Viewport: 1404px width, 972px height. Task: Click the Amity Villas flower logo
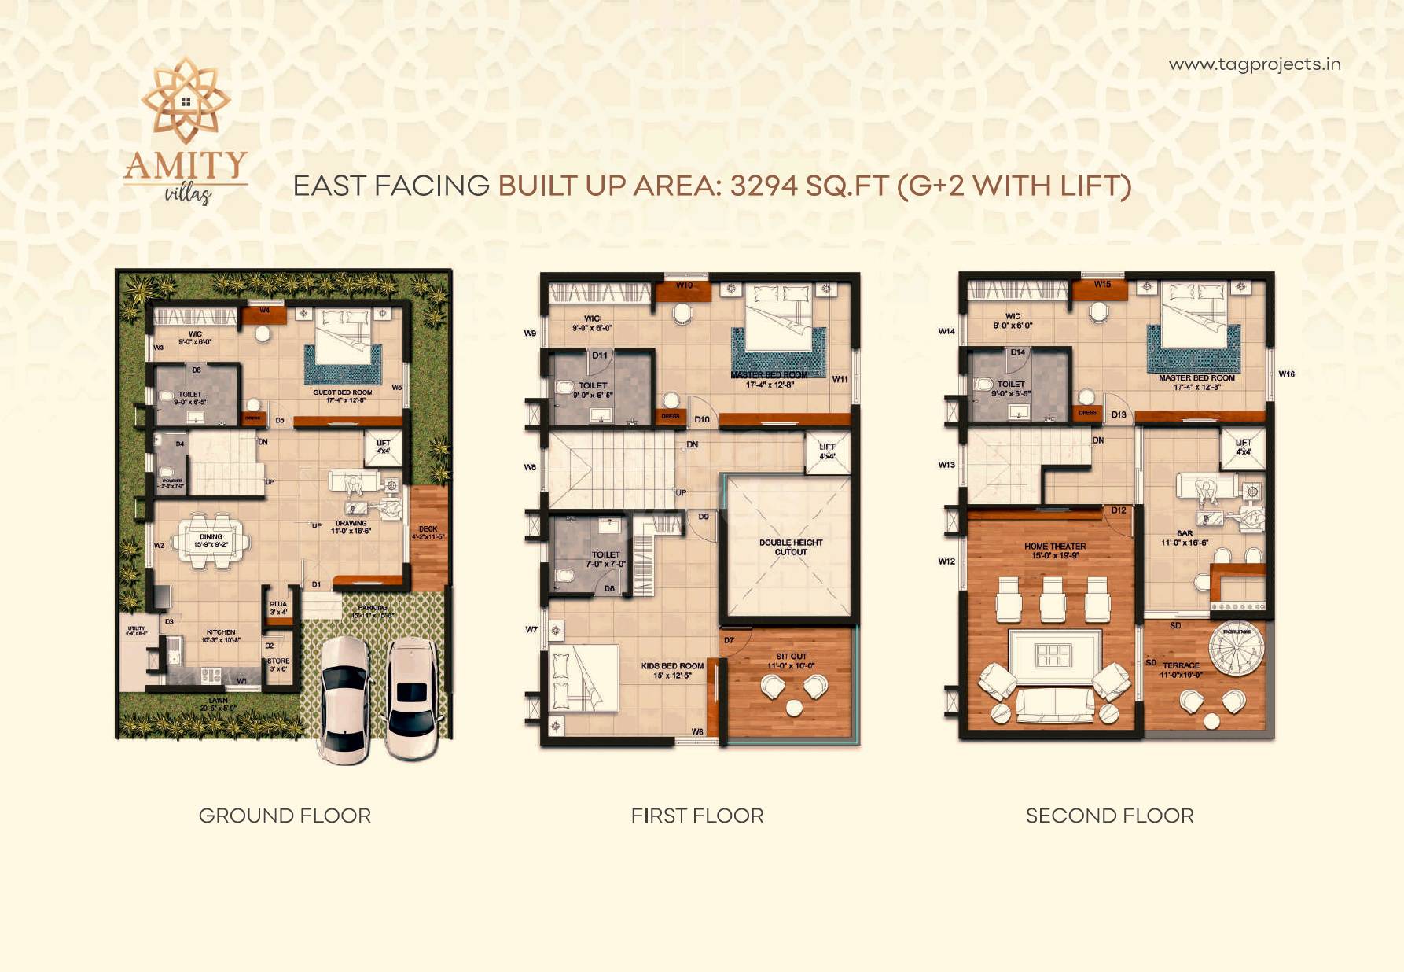point(186,101)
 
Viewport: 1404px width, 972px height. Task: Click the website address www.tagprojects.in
point(1254,64)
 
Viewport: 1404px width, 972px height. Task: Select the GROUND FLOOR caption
point(285,816)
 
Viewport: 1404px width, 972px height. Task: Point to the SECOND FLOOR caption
point(1109,816)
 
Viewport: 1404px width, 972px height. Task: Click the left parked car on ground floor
point(344,698)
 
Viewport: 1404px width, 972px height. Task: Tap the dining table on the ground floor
point(211,540)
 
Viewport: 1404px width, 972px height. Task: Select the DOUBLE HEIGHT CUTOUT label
point(791,547)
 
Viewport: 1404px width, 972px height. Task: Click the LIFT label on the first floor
point(827,447)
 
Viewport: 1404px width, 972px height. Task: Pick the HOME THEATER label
point(1055,546)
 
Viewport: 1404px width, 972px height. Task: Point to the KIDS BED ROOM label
point(672,666)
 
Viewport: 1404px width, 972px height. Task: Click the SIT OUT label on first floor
point(791,657)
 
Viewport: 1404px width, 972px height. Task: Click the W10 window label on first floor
point(684,285)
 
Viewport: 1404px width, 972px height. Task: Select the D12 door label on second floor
point(1119,510)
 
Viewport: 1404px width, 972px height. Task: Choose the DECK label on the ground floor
point(428,529)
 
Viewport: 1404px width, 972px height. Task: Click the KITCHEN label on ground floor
point(221,632)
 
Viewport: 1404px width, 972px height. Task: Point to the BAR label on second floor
point(1185,533)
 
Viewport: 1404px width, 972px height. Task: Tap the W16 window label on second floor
point(1286,374)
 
